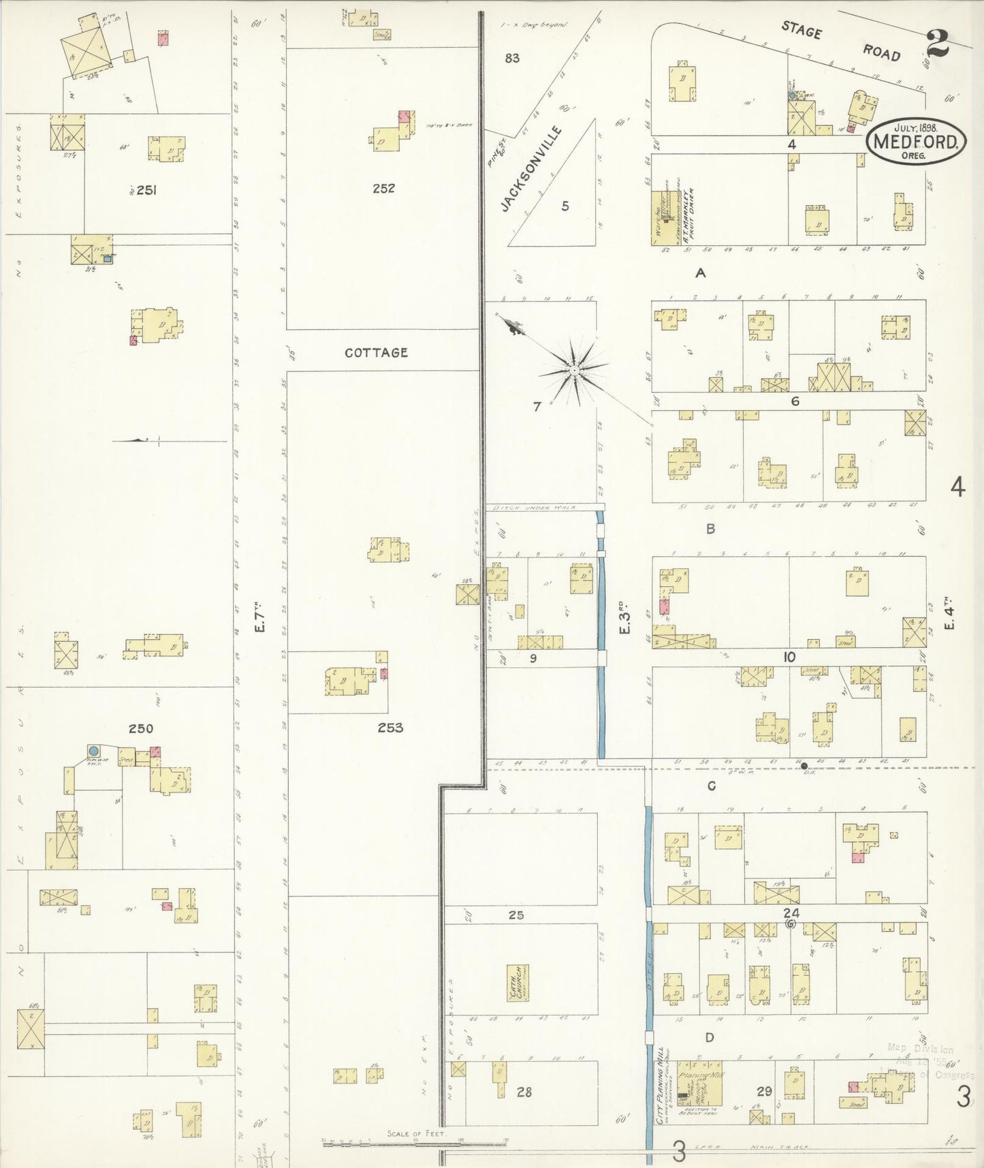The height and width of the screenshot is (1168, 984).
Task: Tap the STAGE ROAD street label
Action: (x=840, y=41)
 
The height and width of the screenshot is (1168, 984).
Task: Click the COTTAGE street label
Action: (x=376, y=352)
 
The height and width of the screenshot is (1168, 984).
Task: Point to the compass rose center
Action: (x=575, y=370)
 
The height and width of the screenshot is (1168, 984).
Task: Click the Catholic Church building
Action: (x=518, y=983)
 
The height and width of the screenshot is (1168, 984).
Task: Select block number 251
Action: (x=146, y=190)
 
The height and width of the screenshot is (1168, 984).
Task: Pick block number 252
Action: (x=383, y=189)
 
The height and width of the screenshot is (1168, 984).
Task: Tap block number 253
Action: (x=390, y=728)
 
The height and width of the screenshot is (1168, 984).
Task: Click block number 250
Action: (x=141, y=728)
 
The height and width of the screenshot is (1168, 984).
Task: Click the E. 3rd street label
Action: (x=624, y=617)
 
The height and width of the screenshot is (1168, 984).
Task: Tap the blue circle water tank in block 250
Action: (x=94, y=751)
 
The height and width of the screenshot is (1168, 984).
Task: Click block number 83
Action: (x=512, y=59)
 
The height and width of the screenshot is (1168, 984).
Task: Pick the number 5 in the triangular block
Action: (x=565, y=206)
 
